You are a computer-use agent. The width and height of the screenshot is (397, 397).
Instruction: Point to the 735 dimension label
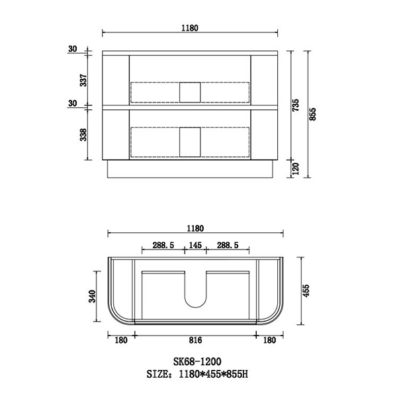(x=296, y=105)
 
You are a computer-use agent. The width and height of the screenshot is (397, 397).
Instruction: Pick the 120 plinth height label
(x=296, y=169)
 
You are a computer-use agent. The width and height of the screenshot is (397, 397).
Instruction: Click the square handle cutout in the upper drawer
(x=190, y=92)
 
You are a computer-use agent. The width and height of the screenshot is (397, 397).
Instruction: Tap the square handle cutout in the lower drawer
(x=190, y=141)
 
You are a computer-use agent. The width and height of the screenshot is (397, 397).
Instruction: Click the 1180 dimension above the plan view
(x=195, y=228)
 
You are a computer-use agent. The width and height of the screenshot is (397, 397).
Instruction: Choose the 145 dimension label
(x=195, y=245)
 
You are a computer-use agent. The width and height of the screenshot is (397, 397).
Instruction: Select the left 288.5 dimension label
(x=163, y=245)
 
